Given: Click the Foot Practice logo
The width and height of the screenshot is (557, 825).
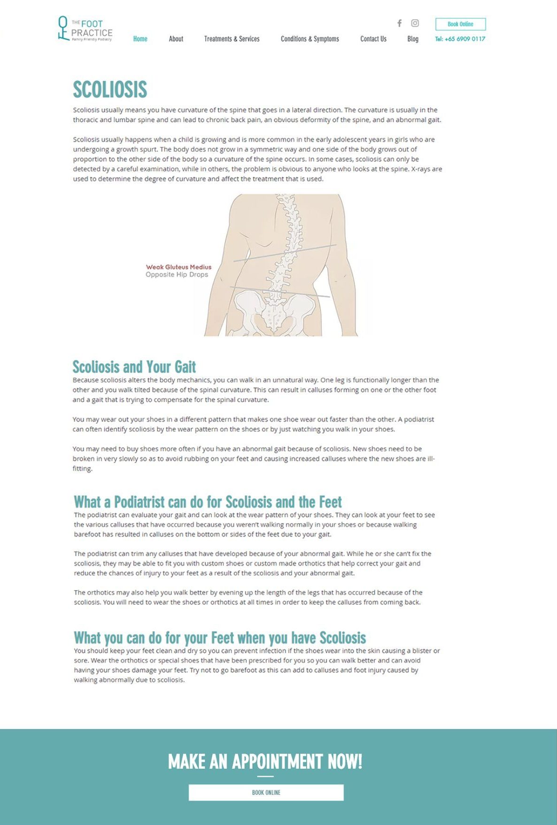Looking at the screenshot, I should [85, 29].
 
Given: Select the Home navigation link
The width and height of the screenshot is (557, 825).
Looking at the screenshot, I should [140, 39].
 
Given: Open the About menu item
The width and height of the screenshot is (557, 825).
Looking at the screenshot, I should [176, 39].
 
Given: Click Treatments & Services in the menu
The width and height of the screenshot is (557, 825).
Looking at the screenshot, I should [232, 39].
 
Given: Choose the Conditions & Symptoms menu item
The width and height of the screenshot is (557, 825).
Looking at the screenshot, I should [309, 39].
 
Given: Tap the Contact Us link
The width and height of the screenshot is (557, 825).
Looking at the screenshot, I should [373, 39].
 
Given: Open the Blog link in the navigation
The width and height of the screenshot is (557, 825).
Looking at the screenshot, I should [413, 39].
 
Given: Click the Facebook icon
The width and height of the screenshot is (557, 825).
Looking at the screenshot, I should [399, 23].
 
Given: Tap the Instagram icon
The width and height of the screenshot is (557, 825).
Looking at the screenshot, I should [415, 23].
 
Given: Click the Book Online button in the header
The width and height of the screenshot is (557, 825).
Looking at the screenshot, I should [460, 24].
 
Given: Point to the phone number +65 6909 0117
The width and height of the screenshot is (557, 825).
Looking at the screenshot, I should [460, 39].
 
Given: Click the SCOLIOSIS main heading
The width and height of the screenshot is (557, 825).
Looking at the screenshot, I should [110, 89].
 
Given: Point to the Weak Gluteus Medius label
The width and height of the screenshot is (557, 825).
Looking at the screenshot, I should [178, 267].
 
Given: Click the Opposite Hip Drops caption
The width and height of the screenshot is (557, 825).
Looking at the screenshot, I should [177, 274].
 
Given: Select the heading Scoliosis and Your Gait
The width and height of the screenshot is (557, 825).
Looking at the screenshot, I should [134, 366].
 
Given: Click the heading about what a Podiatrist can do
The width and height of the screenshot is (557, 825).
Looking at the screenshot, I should [208, 502].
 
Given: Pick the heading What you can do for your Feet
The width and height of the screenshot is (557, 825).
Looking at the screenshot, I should [220, 638].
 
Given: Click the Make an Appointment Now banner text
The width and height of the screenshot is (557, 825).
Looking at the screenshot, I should [265, 761].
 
